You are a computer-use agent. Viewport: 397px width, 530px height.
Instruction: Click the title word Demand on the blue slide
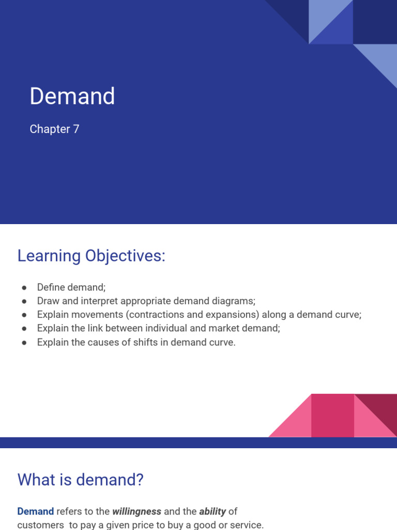click(x=72, y=96)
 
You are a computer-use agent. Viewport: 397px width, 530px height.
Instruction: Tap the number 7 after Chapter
click(x=76, y=129)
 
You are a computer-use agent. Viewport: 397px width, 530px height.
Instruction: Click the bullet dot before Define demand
click(x=24, y=287)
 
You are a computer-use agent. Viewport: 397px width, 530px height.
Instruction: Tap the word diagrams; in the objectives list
click(x=231, y=301)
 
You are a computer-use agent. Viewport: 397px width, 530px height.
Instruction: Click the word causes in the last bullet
click(x=107, y=343)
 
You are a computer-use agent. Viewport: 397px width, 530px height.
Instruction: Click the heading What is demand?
click(x=80, y=480)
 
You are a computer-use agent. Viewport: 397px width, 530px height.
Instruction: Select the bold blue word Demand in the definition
click(x=35, y=511)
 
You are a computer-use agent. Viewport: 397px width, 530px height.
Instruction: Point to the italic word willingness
click(x=136, y=511)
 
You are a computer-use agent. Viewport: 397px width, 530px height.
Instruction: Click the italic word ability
click(x=212, y=511)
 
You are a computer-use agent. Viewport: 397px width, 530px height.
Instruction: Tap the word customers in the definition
click(x=39, y=525)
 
